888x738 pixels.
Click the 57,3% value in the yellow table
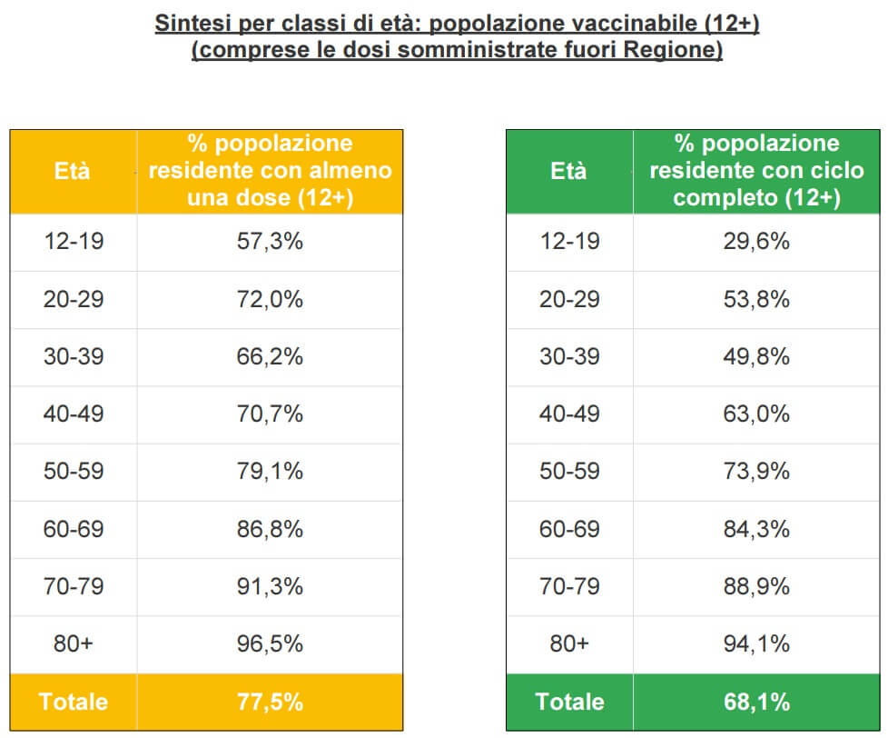[270, 242]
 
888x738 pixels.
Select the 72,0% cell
[270, 299]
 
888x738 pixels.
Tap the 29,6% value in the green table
[756, 242]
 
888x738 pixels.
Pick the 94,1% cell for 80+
[756, 643]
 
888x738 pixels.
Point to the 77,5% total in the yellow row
[270, 702]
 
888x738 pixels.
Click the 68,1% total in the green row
[756, 702]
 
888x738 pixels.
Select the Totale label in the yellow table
[74, 702]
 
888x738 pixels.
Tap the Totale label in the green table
[569, 702]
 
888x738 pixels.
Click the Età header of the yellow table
[73, 171]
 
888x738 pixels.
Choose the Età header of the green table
[569, 171]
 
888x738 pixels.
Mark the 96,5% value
[270, 643]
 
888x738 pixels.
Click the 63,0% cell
[756, 414]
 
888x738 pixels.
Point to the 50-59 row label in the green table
[569, 472]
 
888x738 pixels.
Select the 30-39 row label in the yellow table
[74, 356]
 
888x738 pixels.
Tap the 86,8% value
[270, 529]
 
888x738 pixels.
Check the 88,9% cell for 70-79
[756, 586]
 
